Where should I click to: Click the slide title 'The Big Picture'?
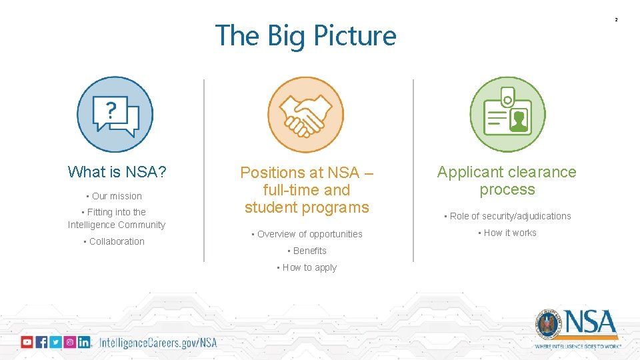pos(305,36)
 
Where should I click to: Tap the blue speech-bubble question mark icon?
pos(115,115)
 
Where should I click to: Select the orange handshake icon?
pos(305,115)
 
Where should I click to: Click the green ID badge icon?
pos(507,115)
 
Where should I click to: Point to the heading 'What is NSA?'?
pos(117,172)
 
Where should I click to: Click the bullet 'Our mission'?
pos(117,196)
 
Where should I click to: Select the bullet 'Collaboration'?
pos(117,241)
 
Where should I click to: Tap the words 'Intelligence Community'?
pos(117,225)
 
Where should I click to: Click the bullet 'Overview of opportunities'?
pos(309,234)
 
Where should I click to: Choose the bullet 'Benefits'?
pos(309,251)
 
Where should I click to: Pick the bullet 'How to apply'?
pos(309,267)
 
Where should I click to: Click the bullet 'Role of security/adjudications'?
pos(510,216)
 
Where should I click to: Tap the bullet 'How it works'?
pos(510,233)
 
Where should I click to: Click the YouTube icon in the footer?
pos(27,342)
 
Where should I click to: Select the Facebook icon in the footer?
pos(41,342)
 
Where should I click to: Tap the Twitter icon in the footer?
pos(55,342)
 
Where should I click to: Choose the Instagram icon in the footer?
pos(69,342)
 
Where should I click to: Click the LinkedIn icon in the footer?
pos(84,342)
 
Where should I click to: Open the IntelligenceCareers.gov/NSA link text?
pos(158,343)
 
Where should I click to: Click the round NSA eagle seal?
pos(549,325)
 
